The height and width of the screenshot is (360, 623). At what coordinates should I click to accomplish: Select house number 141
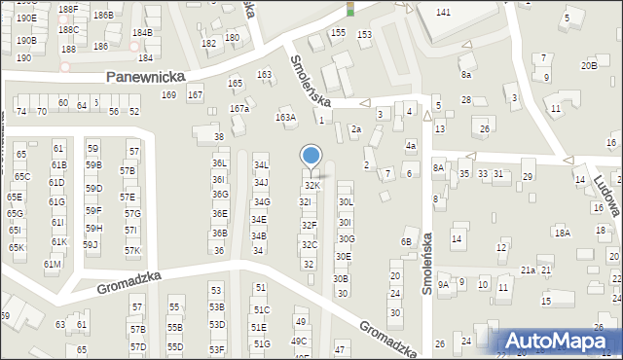click(x=443, y=12)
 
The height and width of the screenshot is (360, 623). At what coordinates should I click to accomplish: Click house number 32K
click(x=311, y=185)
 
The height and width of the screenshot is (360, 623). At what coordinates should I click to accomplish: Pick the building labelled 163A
click(x=285, y=118)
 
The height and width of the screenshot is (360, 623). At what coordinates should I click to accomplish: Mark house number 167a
click(x=239, y=108)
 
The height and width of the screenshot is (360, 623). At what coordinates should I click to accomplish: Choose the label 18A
click(x=562, y=233)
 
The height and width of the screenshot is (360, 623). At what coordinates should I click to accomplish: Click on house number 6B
click(x=406, y=241)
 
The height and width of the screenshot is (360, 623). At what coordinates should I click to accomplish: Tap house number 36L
click(x=220, y=163)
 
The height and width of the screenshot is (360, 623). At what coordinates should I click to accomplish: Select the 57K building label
click(x=132, y=251)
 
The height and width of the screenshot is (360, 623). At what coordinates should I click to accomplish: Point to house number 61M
click(x=52, y=265)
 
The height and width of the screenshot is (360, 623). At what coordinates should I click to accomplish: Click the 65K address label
click(x=17, y=248)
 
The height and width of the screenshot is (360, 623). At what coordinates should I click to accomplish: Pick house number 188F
click(x=67, y=9)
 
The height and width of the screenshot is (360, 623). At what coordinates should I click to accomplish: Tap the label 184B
click(x=142, y=32)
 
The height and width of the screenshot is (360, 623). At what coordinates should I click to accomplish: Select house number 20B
click(x=589, y=65)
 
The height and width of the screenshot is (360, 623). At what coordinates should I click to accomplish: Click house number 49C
click(x=301, y=341)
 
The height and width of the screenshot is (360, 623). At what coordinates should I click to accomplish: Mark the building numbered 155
click(x=338, y=32)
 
